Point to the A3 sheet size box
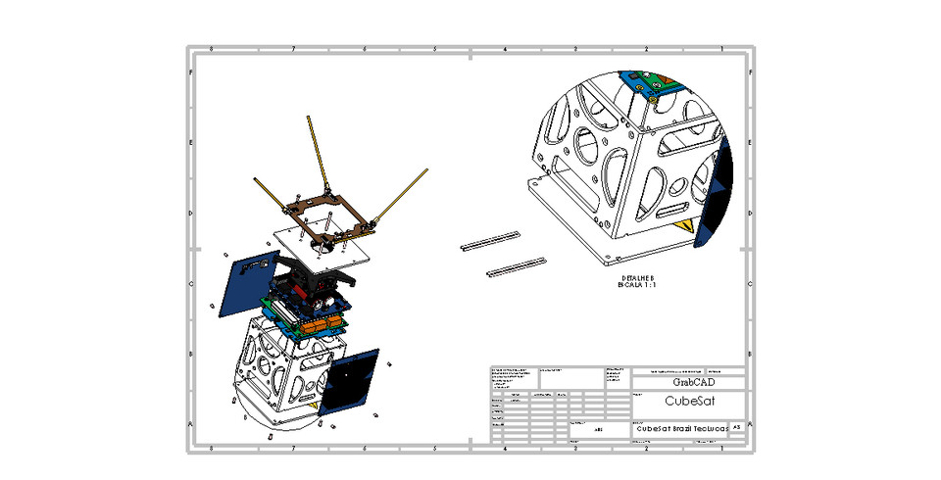click(x=737, y=428)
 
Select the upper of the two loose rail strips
click(x=489, y=240)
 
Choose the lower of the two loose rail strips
click(x=516, y=264)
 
